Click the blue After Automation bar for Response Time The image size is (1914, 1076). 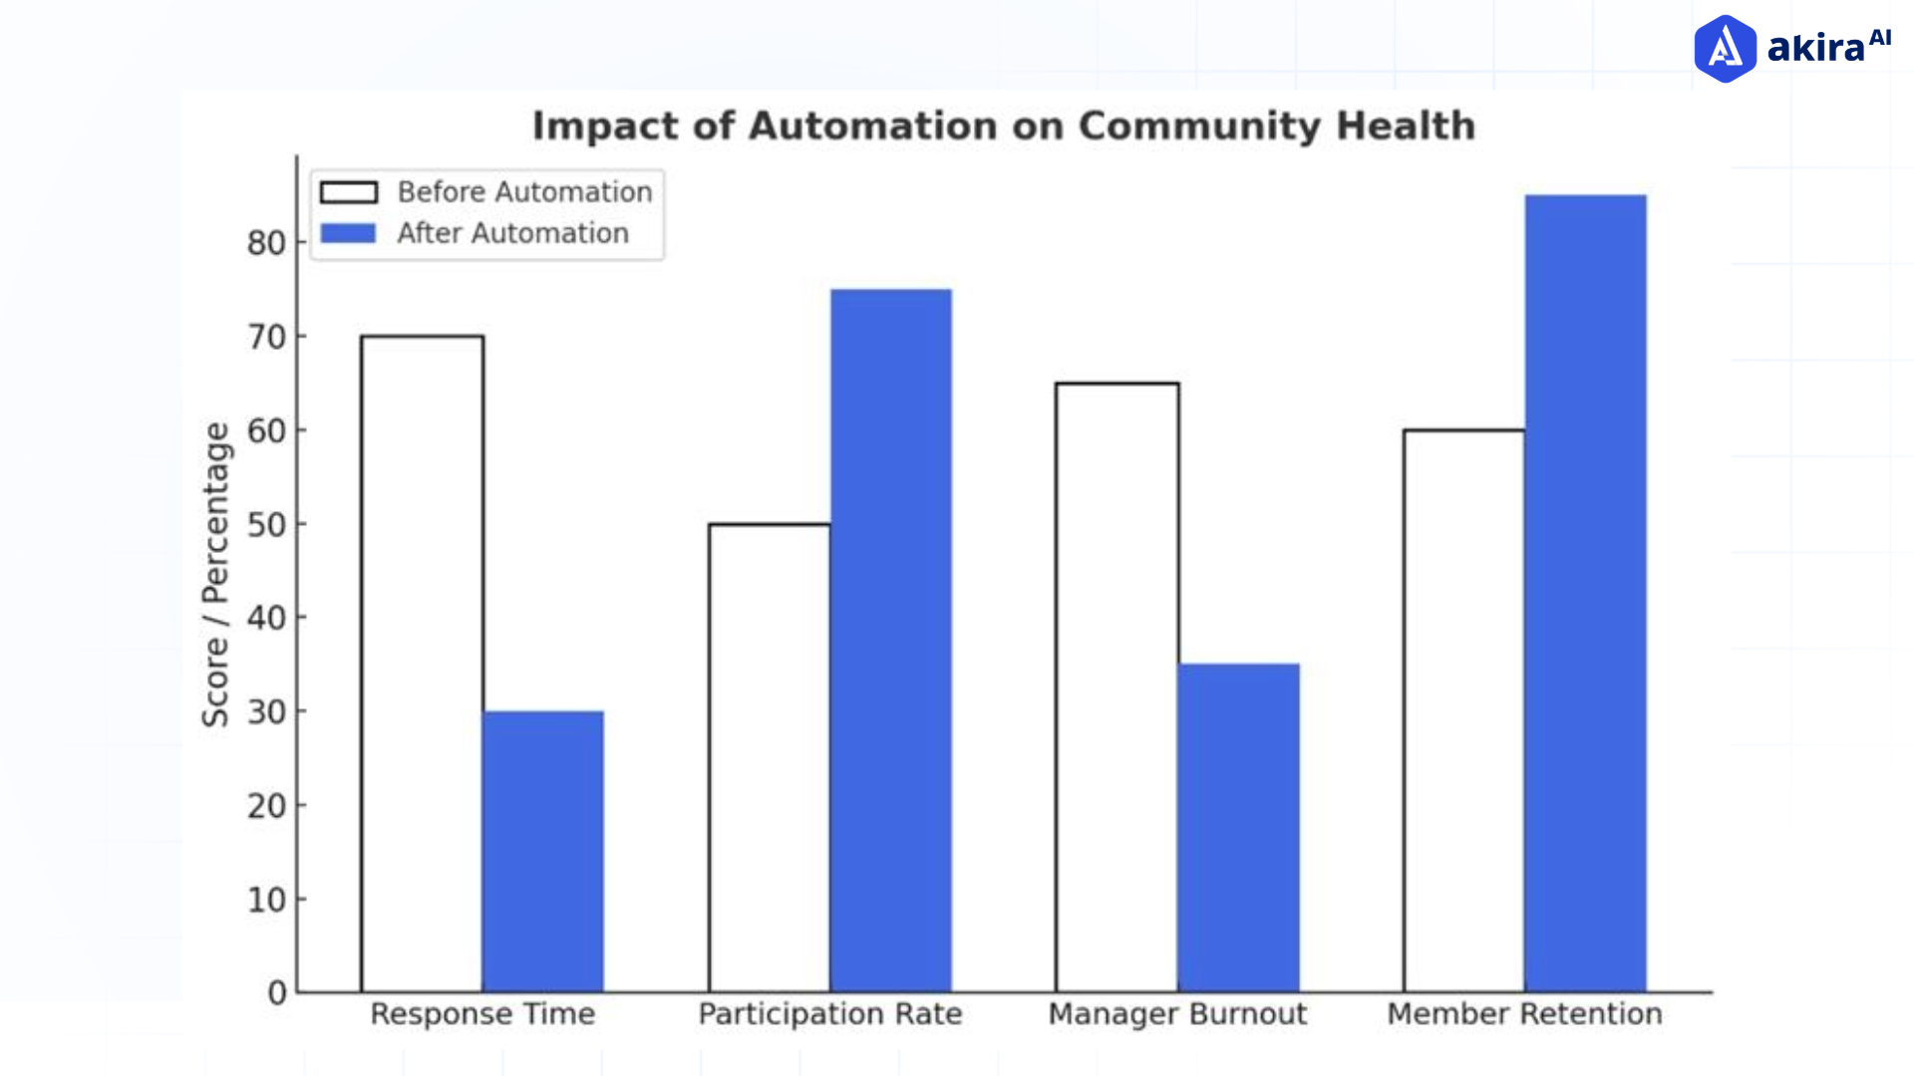coord(543,852)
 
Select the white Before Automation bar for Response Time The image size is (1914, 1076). coord(423,664)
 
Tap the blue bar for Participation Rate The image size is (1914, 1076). coord(890,641)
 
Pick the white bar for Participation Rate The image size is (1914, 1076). coord(770,757)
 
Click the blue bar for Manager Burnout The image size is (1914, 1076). coord(1238,828)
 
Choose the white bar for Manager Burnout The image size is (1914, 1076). coord(1117,687)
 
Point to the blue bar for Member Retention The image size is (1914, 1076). coord(1585,594)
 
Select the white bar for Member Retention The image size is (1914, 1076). coord(1463,710)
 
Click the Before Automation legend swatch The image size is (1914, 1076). coord(349,192)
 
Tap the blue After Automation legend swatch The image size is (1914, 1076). coord(349,233)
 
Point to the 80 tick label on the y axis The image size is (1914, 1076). coord(266,243)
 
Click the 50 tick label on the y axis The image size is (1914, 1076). coord(266,524)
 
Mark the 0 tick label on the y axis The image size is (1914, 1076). coord(277,992)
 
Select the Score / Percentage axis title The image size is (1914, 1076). coord(216,574)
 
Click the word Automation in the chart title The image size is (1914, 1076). coord(872,127)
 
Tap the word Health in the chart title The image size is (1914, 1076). coord(1406,127)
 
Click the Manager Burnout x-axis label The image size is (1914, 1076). coord(1177,1014)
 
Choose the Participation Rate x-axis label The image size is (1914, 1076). coord(830,1014)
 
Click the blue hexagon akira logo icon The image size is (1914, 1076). coord(1725,48)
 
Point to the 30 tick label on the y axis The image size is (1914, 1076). coord(266,711)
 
